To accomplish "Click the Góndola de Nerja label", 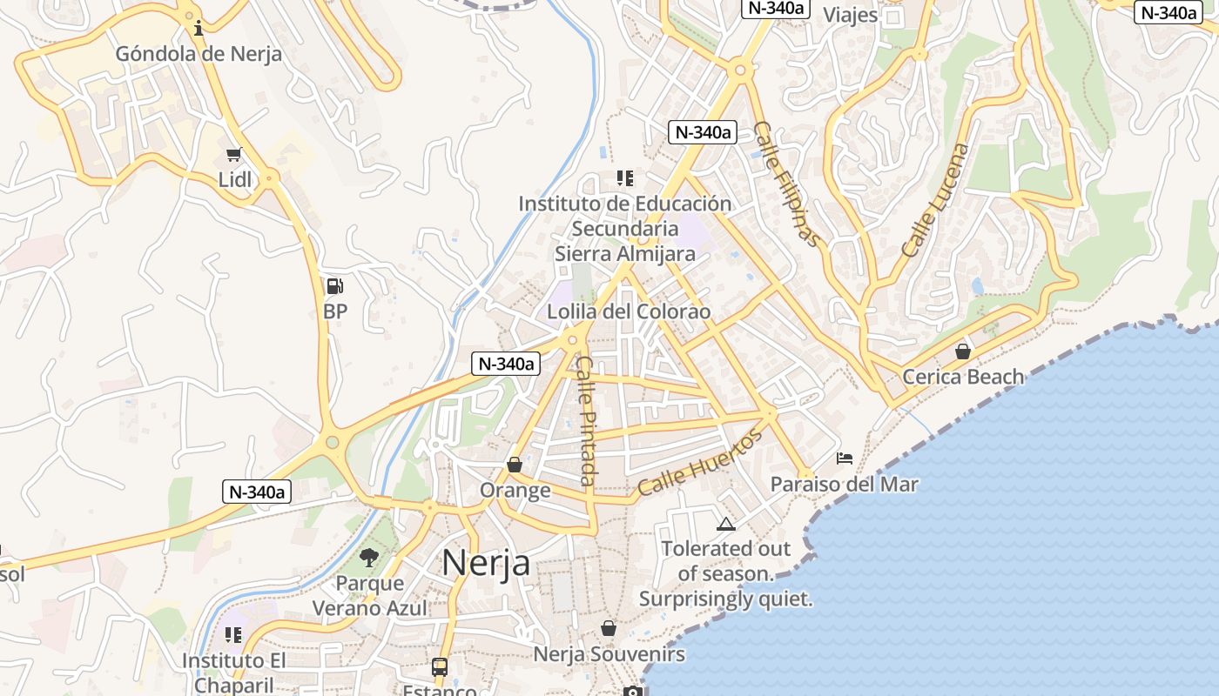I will (199, 54).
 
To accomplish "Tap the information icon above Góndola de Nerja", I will (199, 28).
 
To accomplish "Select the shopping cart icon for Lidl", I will (233, 155).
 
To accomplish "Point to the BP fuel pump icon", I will (334, 285).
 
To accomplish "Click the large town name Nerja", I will (486, 563).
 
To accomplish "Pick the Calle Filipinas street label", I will (786, 184).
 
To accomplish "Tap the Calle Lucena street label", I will (935, 200).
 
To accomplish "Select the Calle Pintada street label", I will (588, 421).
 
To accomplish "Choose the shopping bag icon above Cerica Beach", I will (963, 351).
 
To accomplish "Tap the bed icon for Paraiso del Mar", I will (844, 458).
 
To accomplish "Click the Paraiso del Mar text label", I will (844, 484).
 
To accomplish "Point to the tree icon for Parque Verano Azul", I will (369, 557).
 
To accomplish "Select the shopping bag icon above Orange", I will (515, 465).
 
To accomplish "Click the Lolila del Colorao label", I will (629, 311).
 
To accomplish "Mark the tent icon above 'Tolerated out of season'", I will (725, 524).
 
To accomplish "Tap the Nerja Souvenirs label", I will (609, 653).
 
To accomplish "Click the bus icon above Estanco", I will (440, 667).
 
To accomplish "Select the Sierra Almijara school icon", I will (624, 178).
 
